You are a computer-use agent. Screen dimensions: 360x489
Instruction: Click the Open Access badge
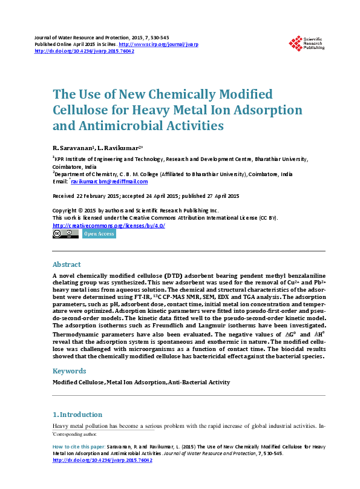coord(99,234)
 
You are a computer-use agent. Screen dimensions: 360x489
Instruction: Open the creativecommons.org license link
coord(109,225)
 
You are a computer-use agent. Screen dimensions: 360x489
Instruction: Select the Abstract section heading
coord(67,264)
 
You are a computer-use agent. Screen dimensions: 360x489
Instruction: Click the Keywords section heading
coord(68,370)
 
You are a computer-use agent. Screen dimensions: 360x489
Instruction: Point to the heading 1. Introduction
coord(77,415)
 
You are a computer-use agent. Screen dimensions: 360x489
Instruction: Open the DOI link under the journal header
coord(85,51)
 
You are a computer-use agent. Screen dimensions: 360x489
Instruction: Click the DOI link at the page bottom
coord(103,460)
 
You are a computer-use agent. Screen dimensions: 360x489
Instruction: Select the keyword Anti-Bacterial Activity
coord(200,382)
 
